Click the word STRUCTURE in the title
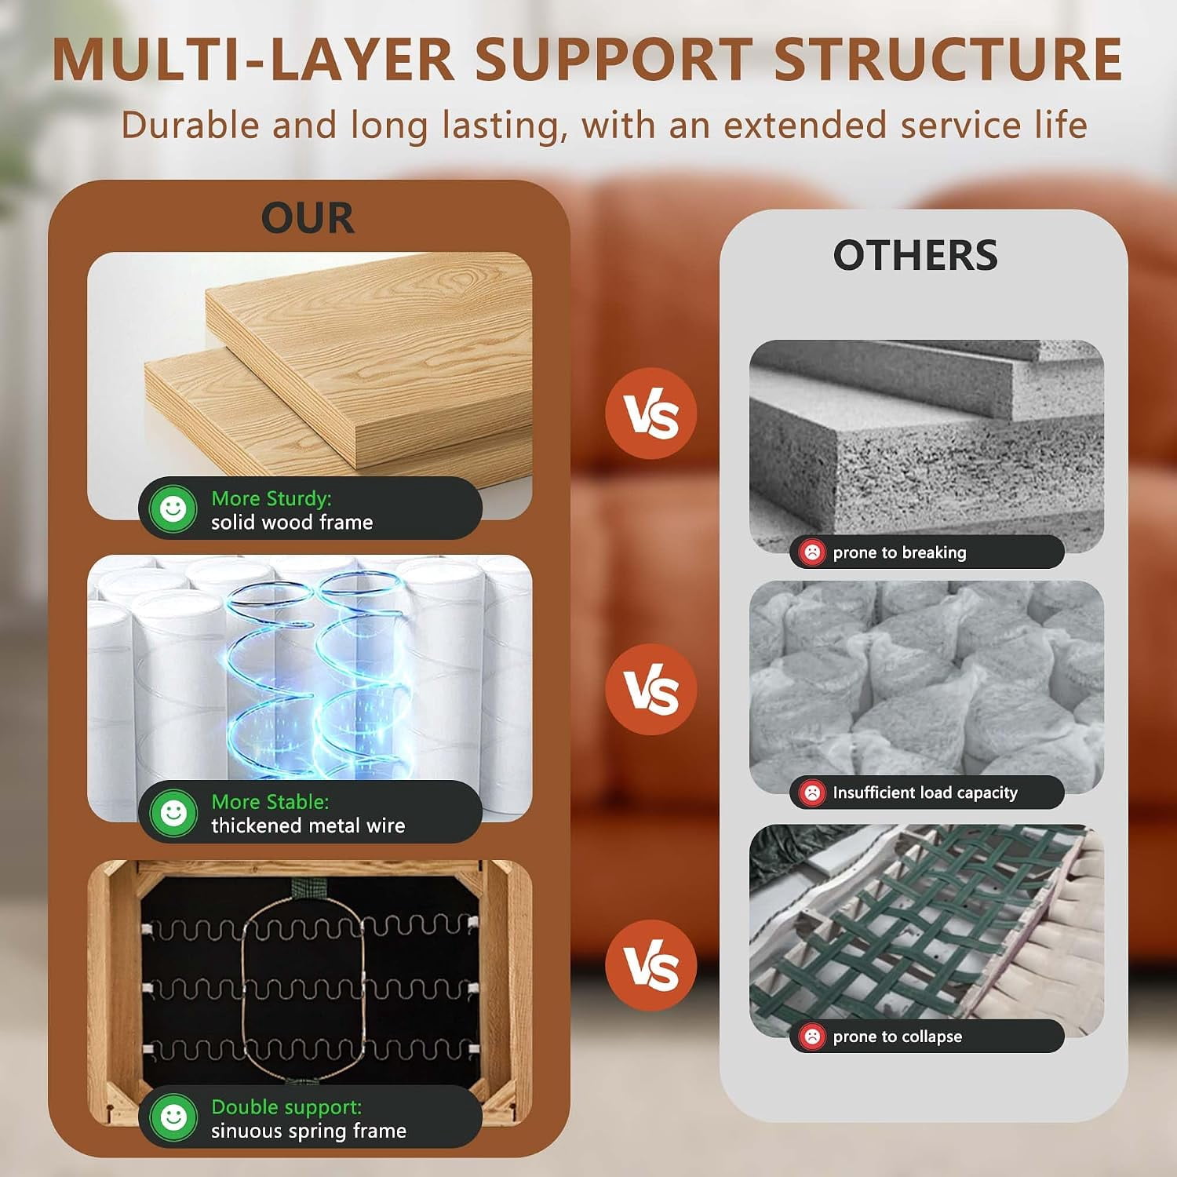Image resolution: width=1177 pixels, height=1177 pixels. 948,59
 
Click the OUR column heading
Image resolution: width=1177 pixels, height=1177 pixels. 308,218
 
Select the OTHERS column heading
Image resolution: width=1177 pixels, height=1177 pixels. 915,255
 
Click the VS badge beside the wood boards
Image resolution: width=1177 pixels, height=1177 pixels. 651,414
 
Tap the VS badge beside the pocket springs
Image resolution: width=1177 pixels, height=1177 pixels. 651,690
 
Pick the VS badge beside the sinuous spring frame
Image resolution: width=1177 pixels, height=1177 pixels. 651,966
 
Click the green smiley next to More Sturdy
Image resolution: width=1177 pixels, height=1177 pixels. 173,508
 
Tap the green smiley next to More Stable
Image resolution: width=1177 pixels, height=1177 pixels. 173,812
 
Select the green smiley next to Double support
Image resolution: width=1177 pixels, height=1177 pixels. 173,1117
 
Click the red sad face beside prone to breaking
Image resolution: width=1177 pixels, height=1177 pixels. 812,552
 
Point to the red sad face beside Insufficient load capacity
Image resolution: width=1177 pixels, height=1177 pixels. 812,793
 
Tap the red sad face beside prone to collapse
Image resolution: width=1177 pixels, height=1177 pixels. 812,1037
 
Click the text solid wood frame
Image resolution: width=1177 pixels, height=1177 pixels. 292,522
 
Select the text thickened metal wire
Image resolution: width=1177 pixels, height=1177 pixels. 308,825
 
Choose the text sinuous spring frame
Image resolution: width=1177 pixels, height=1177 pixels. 308,1131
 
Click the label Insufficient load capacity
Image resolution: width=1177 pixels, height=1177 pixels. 925,793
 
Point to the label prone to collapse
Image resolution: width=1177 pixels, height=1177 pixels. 898,1037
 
